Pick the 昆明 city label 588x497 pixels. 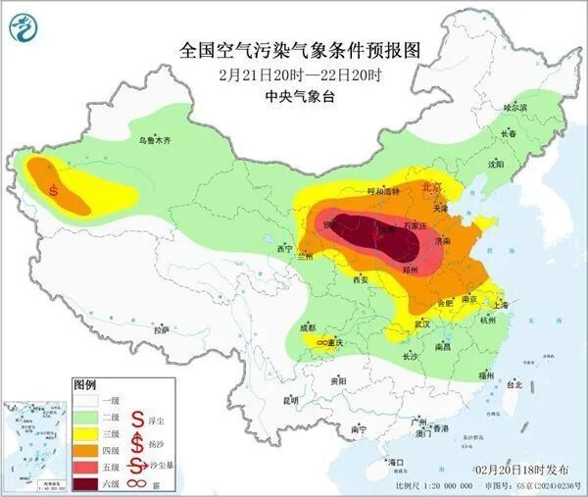[289, 400]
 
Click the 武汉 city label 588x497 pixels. [423, 323]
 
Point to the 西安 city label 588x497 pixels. [360, 280]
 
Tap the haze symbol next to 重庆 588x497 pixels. [320, 343]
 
